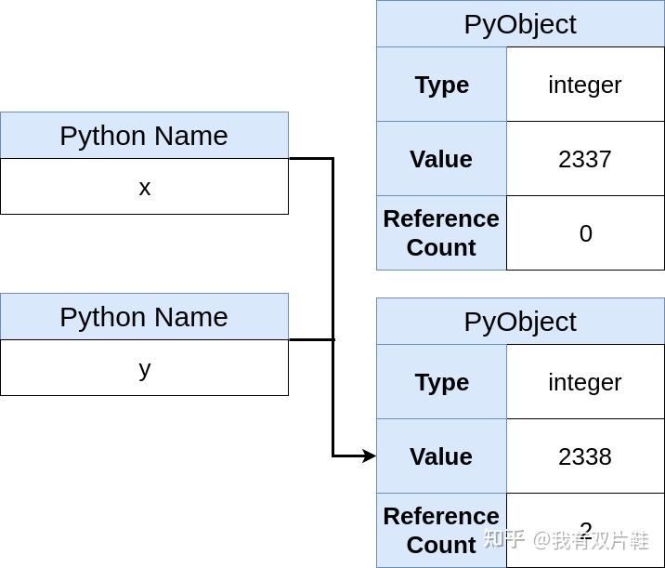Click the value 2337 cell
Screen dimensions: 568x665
coord(585,159)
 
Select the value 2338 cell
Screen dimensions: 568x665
coord(585,456)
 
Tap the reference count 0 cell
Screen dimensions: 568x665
coord(585,233)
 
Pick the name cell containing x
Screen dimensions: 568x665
coord(144,187)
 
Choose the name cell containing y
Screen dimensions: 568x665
coord(144,368)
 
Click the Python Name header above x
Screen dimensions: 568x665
coord(144,136)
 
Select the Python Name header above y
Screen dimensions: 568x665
coord(144,317)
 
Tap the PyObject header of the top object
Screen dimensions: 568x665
coord(520,24)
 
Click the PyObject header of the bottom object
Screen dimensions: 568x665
coord(520,322)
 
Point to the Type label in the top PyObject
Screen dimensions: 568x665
coord(441,85)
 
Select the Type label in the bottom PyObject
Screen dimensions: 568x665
coord(441,382)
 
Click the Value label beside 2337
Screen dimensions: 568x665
coord(441,159)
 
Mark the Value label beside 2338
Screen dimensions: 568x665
coord(441,456)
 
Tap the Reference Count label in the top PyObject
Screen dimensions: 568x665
coord(441,233)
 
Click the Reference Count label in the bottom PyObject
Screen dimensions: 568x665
coord(441,531)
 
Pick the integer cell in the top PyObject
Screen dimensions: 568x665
coord(585,85)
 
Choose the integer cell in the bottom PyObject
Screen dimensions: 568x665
coord(585,382)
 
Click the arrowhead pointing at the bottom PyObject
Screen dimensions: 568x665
coord(369,456)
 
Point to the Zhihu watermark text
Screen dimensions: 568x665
coord(566,540)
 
